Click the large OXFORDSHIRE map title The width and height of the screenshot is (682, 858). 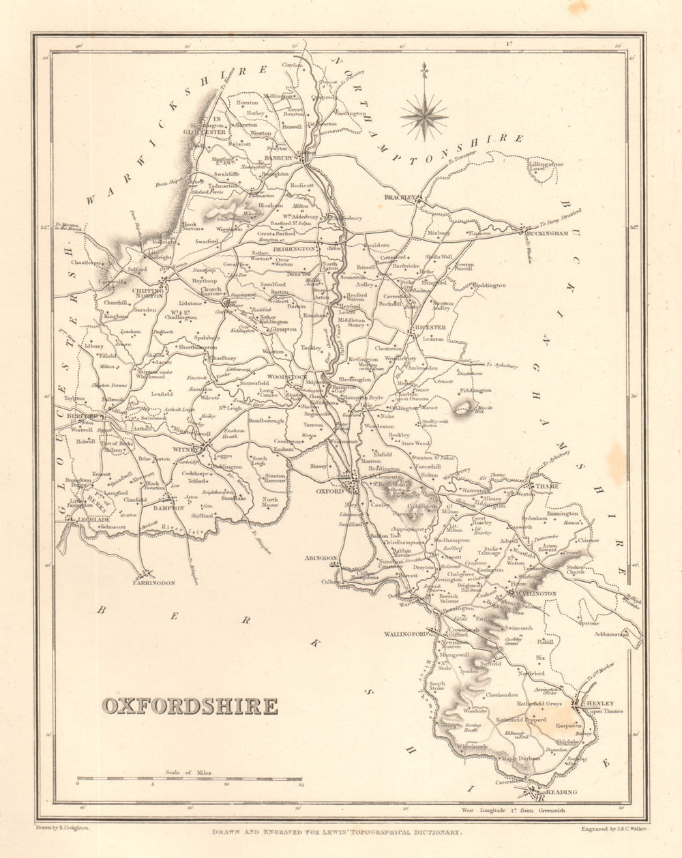click(190, 706)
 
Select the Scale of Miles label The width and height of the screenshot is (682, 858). click(188, 772)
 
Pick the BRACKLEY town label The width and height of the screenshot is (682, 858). click(399, 197)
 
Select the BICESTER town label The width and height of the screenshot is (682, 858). click(430, 327)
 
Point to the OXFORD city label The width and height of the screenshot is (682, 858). click(327, 490)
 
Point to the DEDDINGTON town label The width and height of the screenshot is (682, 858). click(294, 249)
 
